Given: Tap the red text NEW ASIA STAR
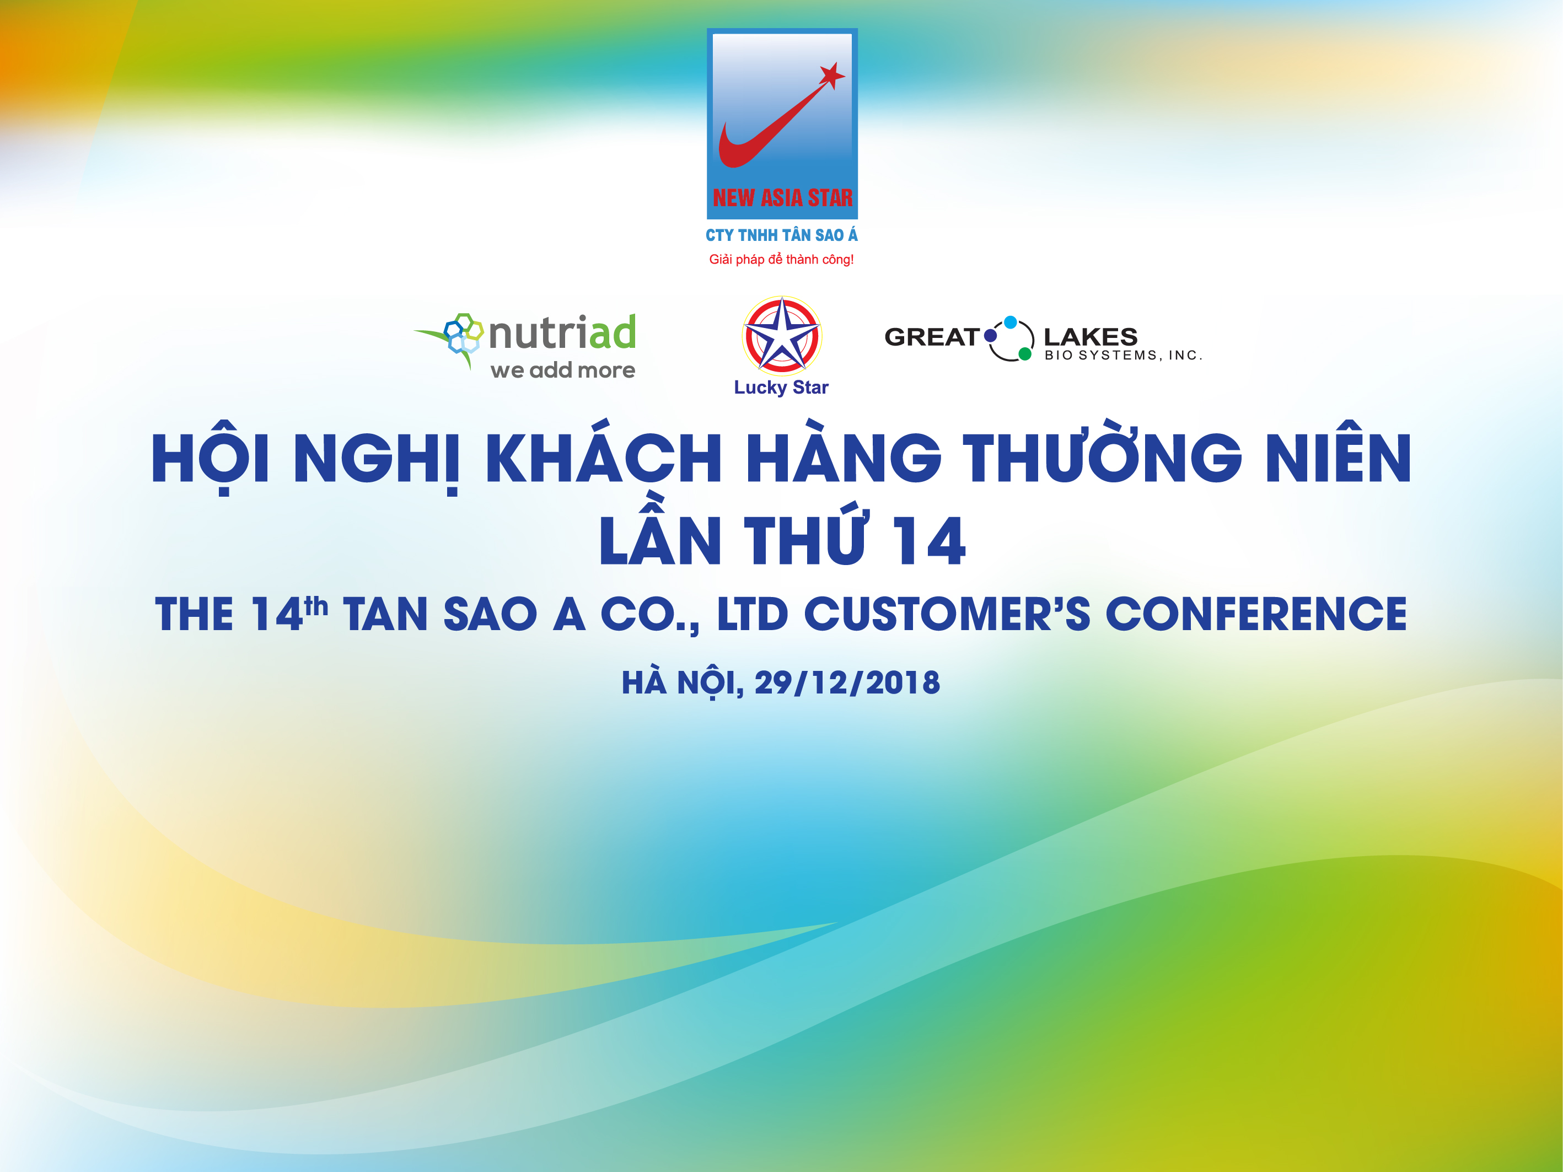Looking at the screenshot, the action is pyautogui.click(x=782, y=198).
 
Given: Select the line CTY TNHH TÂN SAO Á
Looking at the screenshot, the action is pyautogui.click(x=782, y=235).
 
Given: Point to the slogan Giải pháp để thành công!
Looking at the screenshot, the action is pyautogui.click(x=782, y=259).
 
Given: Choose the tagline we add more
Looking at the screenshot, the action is pyautogui.click(x=562, y=370).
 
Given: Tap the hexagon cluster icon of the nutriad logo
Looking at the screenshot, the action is pyautogui.click(x=463, y=333).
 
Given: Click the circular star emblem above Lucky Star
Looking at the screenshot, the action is pyautogui.click(x=782, y=336).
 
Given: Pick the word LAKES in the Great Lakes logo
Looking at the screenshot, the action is pyautogui.click(x=1091, y=336).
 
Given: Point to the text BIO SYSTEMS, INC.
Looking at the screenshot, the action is pyautogui.click(x=1123, y=356).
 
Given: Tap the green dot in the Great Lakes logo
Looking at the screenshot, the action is pyautogui.click(x=1024, y=354).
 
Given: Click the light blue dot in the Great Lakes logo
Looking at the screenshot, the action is pyautogui.click(x=1011, y=322).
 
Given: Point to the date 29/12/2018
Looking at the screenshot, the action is pyautogui.click(x=847, y=682).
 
